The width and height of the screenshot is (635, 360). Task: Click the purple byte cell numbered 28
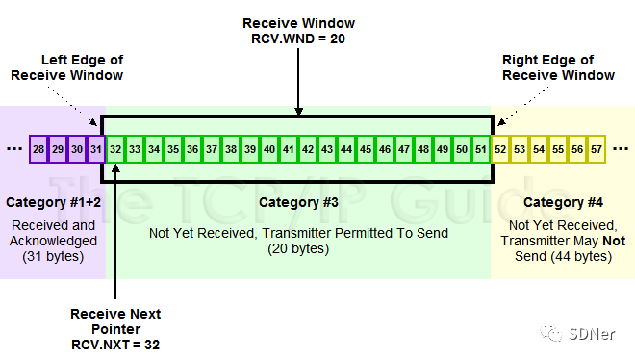point(38,149)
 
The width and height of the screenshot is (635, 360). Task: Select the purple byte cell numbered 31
point(96,149)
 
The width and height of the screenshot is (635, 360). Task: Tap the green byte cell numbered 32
point(115,149)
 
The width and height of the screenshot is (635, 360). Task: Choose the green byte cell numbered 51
point(481,149)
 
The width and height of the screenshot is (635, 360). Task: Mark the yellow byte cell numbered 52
point(500,149)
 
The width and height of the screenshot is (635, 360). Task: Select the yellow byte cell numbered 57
point(597,149)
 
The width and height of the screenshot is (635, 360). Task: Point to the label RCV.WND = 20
point(298,38)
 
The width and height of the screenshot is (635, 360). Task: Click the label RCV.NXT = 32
point(115,345)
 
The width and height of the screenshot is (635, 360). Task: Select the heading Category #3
point(298,203)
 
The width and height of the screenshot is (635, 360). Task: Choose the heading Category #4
point(563,203)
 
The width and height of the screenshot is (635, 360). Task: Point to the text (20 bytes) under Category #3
point(298,248)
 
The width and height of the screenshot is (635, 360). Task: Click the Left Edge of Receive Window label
point(67,67)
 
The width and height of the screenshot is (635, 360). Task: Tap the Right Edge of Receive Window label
point(558,67)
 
